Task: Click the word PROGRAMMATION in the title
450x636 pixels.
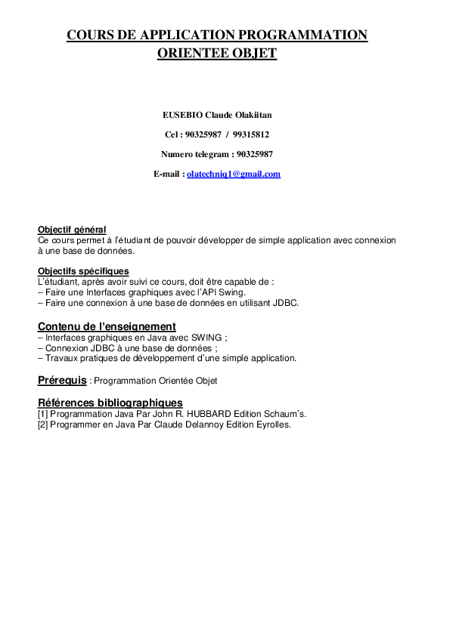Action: click(x=303, y=35)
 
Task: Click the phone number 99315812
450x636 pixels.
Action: click(x=251, y=134)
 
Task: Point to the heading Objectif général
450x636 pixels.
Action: click(x=72, y=230)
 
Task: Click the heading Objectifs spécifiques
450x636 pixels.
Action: click(x=83, y=271)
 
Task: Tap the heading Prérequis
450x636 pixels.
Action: click(x=62, y=379)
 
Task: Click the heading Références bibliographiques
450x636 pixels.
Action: click(x=110, y=403)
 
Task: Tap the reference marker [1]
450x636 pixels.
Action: click(x=42, y=414)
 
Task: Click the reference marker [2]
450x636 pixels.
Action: click(x=42, y=425)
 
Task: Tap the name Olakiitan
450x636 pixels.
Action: click(x=251, y=115)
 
